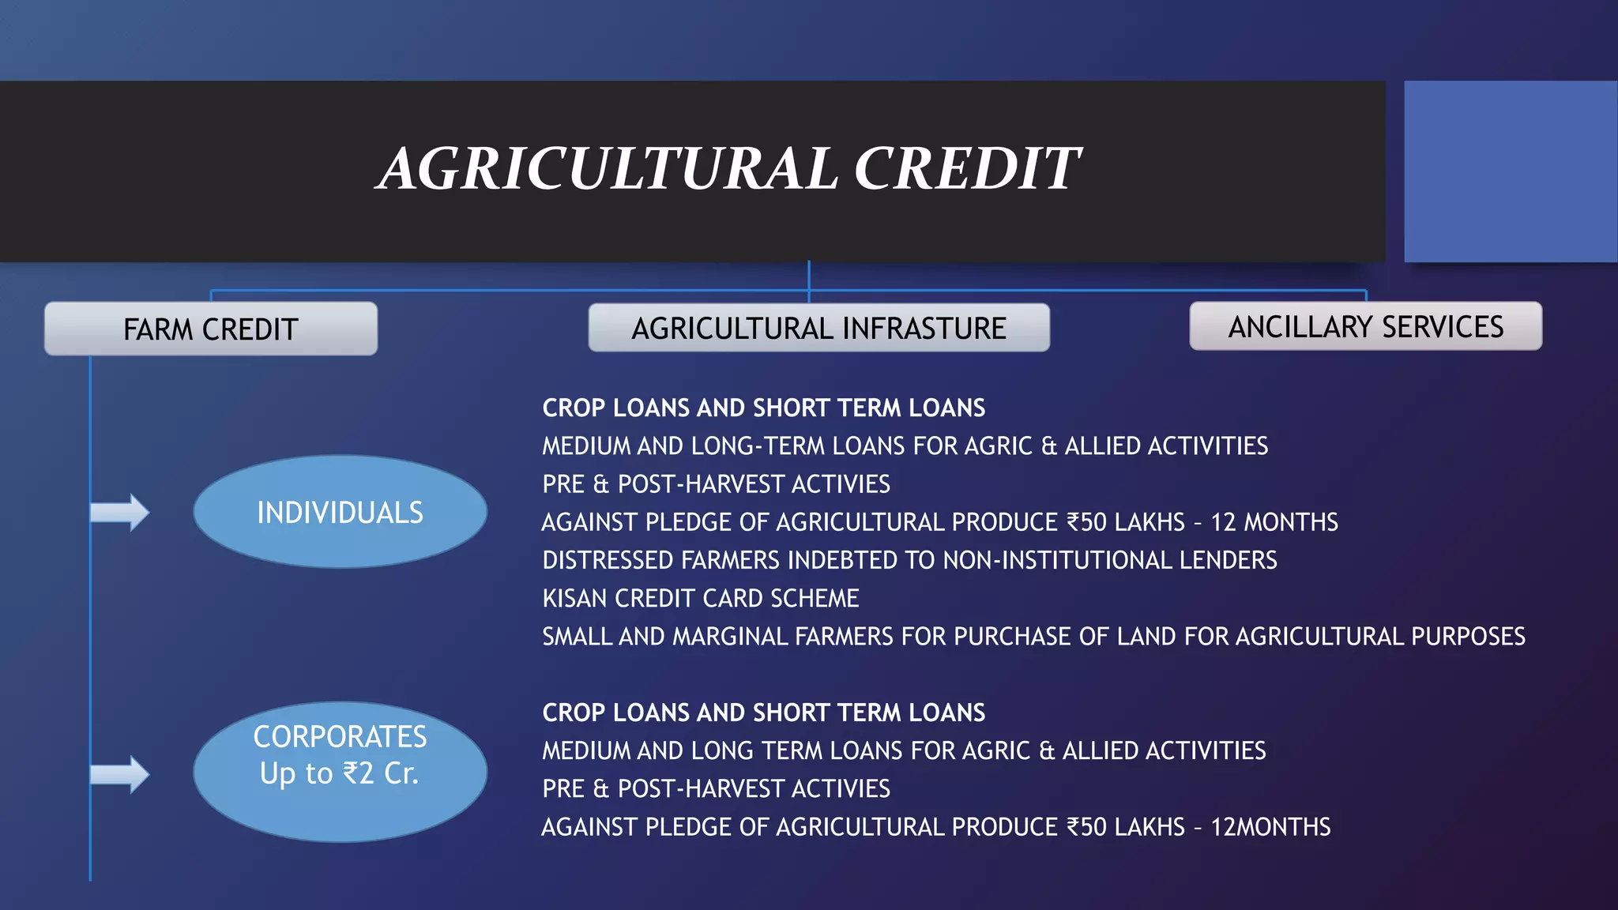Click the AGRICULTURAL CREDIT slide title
pyautogui.click(x=728, y=169)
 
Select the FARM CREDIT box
pyautogui.click(x=211, y=329)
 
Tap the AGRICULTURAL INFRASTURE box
pyautogui.click(x=818, y=328)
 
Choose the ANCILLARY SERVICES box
pyautogui.click(x=1365, y=326)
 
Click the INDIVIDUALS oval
pyautogui.click(x=340, y=512)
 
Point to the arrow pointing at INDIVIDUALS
pyautogui.click(x=119, y=513)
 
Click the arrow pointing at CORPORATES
pyautogui.click(x=119, y=774)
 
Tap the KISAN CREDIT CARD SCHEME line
pyautogui.click(x=700, y=599)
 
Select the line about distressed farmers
pyautogui.click(x=909, y=560)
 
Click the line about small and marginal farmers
pyautogui.click(x=1033, y=637)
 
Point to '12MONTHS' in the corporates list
pyautogui.click(x=1270, y=827)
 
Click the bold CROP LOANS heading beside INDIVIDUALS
pyautogui.click(x=763, y=408)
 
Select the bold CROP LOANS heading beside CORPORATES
pyautogui.click(x=763, y=713)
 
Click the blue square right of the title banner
pyautogui.click(x=1511, y=171)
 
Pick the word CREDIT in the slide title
pyautogui.click(x=967, y=169)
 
